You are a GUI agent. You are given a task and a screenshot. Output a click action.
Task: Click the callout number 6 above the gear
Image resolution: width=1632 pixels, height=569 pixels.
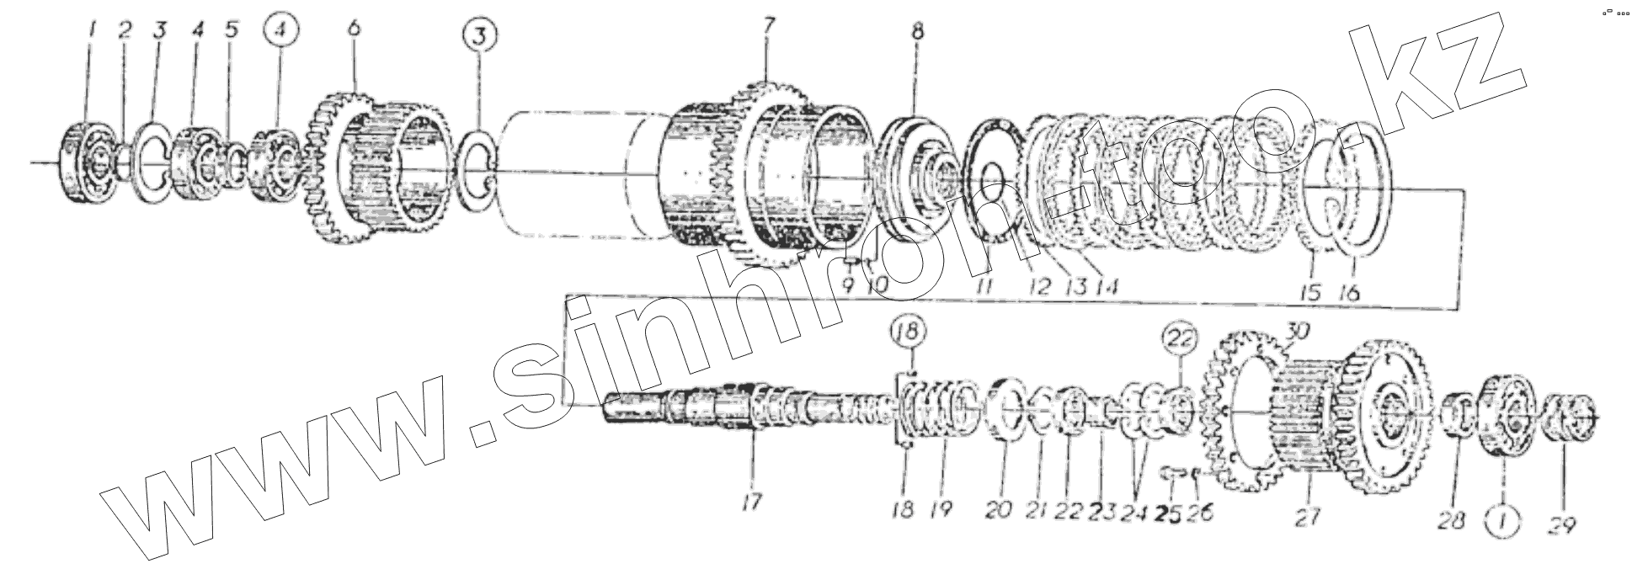(x=354, y=28)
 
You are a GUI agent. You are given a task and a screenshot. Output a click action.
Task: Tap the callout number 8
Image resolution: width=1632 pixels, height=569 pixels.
(x=917, y=33)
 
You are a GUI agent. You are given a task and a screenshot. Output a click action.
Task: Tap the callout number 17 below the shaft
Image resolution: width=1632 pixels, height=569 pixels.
(x=751, y=503)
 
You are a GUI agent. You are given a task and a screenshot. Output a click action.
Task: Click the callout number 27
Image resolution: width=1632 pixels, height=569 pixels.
(x=1307, y=515)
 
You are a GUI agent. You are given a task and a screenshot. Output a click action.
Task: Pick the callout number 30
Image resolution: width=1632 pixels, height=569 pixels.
(x=1298, y=332)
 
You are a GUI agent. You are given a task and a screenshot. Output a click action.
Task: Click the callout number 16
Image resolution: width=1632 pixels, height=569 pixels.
(x=1349, y=291)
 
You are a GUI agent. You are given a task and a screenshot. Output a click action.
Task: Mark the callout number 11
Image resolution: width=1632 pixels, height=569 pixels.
(x=983, y=288)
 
